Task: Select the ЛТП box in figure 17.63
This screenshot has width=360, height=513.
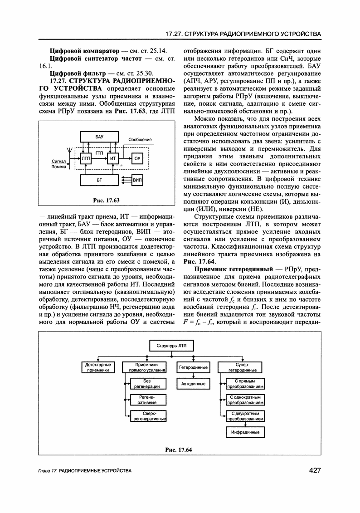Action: click(85, 158)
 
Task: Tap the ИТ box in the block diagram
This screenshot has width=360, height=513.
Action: click(113, 158)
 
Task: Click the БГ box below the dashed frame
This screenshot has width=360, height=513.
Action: click(99, 180)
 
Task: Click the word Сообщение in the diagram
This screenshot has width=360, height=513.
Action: click(140, 140)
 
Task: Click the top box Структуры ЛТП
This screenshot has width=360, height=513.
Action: click(171, 346)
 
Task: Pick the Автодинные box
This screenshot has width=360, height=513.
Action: click(194, 384)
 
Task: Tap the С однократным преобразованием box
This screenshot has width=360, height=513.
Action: click(245, 400)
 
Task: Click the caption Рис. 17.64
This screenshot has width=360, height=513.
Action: click(179, 449)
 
